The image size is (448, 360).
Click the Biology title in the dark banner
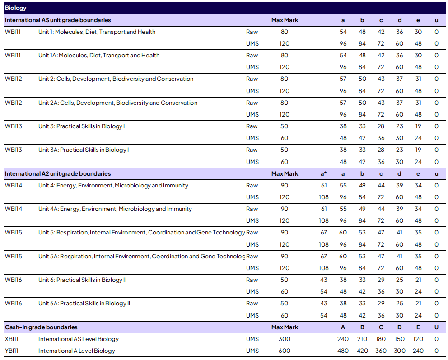pos(15,8)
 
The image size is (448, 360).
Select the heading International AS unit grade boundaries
pos(58,20)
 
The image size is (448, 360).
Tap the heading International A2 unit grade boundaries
pos(58,173)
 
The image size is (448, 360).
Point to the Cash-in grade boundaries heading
pos(41,327)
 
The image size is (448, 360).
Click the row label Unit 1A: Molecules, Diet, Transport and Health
pos(99,56)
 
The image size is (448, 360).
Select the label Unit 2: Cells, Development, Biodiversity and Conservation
pos(116,79)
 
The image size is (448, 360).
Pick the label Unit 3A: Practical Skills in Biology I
pos(84,150)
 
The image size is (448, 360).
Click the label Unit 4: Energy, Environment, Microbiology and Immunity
pos(113,186)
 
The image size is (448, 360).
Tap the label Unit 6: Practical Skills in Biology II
pos(83,280)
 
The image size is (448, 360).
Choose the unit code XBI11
pos(13,339)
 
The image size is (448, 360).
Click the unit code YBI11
pos(13,351)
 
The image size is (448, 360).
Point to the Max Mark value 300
pos(284,339)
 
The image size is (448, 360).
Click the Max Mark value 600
pos(284,351)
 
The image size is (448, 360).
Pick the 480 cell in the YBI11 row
pos(343,351)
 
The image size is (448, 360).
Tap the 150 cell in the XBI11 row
pos(399,339)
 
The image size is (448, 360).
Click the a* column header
pos(323,173)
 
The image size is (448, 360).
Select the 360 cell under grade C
pos(381,351)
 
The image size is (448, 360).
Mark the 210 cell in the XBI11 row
pos(362,339)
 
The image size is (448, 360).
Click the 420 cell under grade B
pos(362,351)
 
